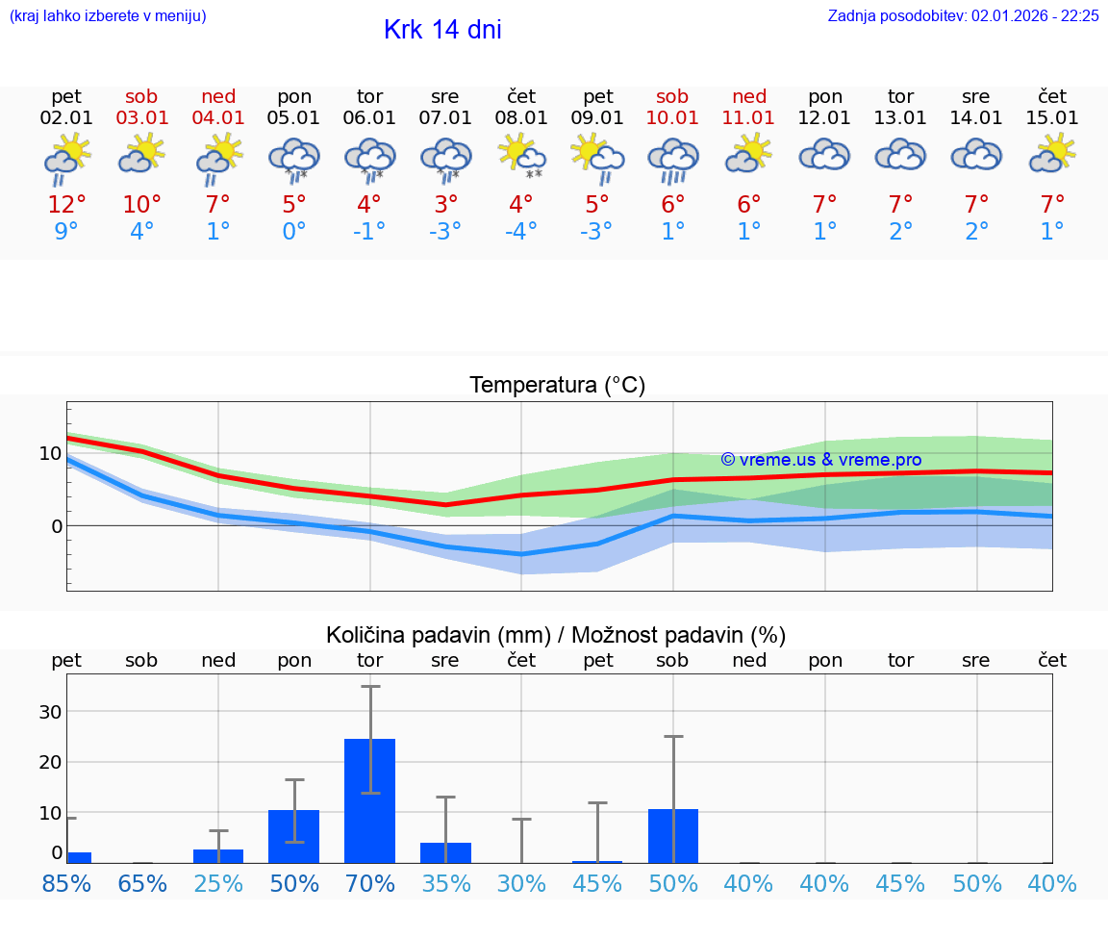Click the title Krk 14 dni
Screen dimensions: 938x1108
[x=442, y=30]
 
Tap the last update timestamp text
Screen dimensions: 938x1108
[x=963, y=15]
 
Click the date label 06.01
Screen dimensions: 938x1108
[x=369, y=118]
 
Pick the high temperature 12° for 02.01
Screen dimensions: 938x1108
[x=66, y=205]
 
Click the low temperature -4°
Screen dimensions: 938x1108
[x=521, y=232]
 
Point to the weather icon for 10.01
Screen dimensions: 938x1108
[x=672, y=158]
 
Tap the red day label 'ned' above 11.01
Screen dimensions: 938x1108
[x=749, y=96]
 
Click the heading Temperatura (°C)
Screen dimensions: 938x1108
[x=557, y=386]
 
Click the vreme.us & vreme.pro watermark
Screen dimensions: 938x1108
[x=820, y=460]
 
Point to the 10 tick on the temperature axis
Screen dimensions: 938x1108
[x=50, y=453]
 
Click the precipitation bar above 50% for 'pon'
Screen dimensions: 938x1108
[x=293, y=836]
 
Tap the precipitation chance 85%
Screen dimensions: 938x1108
[x=66, y=883]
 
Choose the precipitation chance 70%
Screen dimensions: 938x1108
[x=369, y=883]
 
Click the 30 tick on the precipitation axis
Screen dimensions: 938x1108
[x=50, y=712]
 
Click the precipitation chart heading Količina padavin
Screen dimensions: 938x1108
[x=556, y=635]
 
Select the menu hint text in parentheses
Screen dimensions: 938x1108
[x=108, y=15]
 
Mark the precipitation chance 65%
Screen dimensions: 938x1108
[x=142, y=883]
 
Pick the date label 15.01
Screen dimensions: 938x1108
[x=1052, y=118]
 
